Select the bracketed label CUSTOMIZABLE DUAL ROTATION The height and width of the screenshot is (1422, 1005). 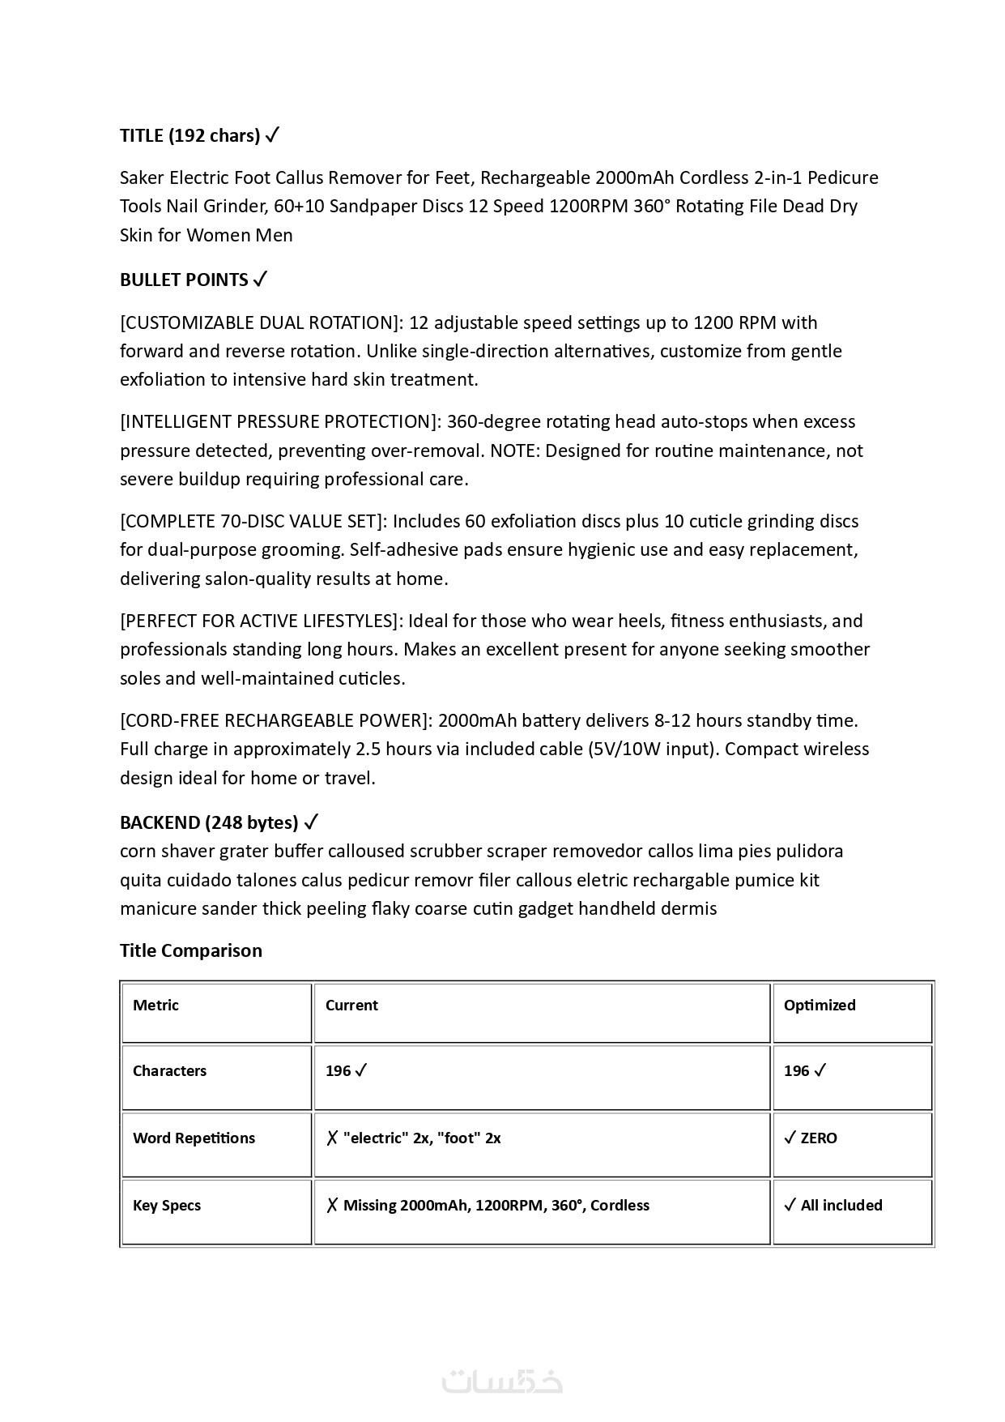260,322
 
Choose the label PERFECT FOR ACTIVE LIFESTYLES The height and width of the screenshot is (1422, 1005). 261,621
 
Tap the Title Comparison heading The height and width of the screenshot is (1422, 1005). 191,950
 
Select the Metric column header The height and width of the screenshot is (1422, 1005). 155,1006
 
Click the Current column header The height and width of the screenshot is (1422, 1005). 351,1006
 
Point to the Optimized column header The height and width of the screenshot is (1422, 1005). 820,1006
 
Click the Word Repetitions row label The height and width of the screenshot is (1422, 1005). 194,1138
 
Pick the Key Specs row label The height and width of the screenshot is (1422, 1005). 167,1206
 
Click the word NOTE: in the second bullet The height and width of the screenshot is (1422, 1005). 514,451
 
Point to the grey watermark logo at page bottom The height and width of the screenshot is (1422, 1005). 502,1381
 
